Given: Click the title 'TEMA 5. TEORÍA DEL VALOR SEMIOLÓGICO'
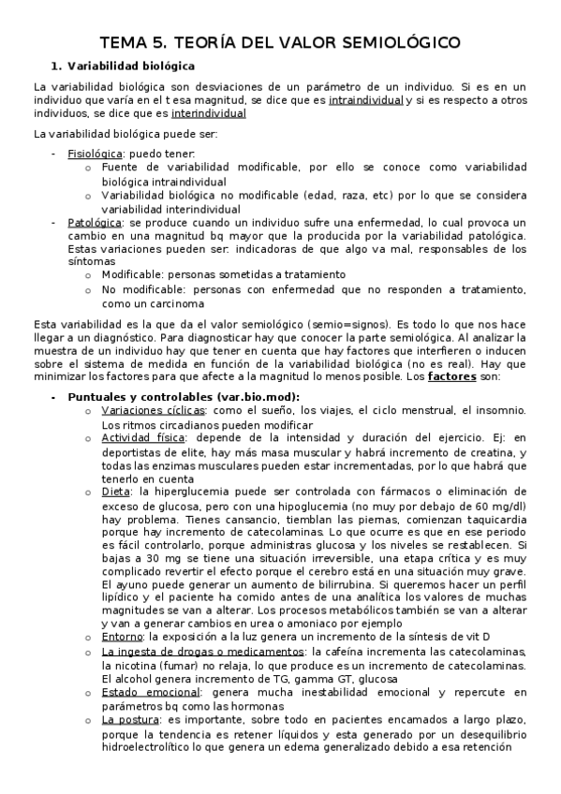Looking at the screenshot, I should click(280, 43).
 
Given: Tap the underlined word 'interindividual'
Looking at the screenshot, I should click(209, 113).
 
